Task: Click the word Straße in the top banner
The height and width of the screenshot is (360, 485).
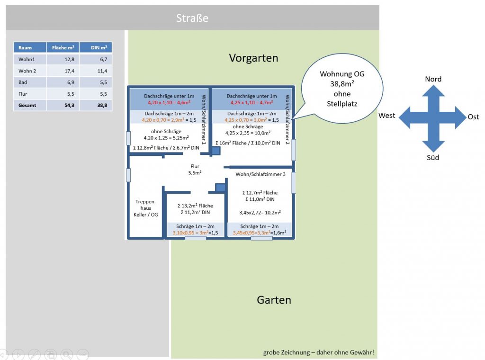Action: tap(192, 18)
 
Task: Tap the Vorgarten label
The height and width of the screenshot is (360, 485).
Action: tap(253, 58)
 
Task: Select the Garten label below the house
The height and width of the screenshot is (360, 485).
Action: tap(274, 300)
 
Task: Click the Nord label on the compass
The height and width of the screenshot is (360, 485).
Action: tap(433, 79)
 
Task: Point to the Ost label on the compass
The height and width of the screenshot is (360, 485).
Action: tap(473, 117)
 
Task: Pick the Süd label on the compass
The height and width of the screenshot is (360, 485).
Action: tap(433, 157)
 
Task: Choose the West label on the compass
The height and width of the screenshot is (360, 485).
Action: tap(387, 116)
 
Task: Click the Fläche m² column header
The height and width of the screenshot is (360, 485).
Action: tap(63, 47)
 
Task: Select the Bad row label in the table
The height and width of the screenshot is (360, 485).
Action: tap(23, 82)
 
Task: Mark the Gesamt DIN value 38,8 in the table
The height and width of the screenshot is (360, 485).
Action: tap(102, 105)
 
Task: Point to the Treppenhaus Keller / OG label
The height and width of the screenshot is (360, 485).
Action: tap(146, 208)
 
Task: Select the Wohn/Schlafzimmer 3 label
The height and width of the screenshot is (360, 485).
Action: tap(260, 174)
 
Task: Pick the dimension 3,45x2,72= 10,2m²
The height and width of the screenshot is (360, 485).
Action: tap(260, 213)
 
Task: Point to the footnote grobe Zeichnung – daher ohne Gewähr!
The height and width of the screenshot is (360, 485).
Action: tap(319, 352)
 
